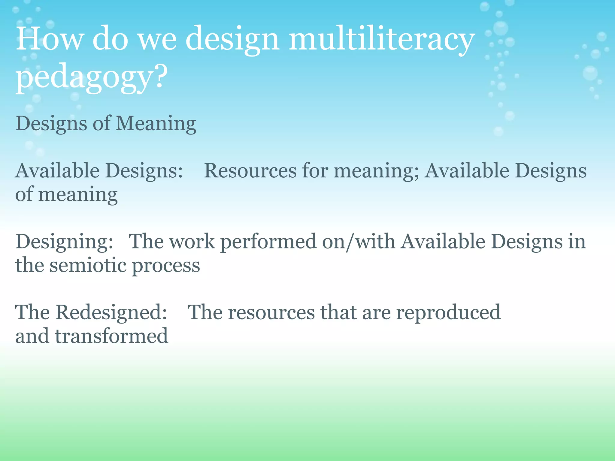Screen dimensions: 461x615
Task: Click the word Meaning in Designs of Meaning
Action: (156, 124)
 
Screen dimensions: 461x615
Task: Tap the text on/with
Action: (359, 241)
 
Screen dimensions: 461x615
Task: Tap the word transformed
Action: (111, 336)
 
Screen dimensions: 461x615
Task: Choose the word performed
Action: (268, 242)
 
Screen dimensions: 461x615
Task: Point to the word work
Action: (192, 241)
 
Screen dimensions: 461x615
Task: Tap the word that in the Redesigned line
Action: (338, 312)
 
